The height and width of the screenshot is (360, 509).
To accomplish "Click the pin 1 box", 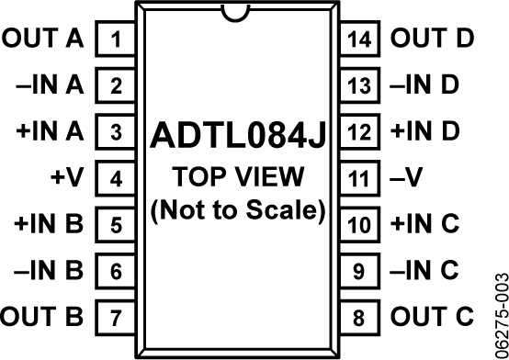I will (x=116, y=40).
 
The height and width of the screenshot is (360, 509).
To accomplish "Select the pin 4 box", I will (x=116, y=178).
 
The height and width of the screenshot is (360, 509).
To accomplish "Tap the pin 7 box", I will (x=116, y=319).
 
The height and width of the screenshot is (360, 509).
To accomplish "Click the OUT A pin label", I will (x=43, y=39).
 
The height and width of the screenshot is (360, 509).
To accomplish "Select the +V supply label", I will (x=67, y=177).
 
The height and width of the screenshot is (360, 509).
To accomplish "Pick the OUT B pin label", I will (x=43, y=318).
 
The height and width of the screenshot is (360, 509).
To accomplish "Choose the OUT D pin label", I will (x=432, y=39).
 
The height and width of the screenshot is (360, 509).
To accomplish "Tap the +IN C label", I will (x=424, y=224).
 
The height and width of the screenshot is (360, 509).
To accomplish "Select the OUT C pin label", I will (x=432, y=318).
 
